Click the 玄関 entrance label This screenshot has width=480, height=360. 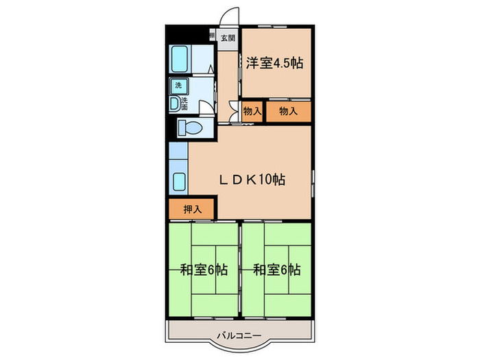227,39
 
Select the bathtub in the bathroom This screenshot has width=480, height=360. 180,60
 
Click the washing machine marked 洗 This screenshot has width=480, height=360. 178,86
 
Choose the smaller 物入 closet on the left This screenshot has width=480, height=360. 252,111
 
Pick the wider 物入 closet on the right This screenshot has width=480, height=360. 288,111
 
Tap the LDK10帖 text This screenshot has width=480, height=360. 252,180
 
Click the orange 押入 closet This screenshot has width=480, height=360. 192,210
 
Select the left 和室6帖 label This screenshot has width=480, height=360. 204,269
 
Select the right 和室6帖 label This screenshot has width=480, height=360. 277,269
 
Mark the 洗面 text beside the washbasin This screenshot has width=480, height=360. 184,104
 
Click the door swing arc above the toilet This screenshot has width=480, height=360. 205,108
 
